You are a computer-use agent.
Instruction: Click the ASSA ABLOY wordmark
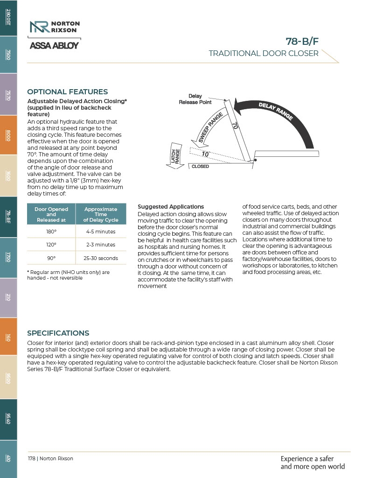54,46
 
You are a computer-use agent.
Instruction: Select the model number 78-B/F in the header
302,41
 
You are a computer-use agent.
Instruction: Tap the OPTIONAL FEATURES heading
67,92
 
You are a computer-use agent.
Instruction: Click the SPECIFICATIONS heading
58,333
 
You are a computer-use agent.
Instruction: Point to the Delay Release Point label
195,99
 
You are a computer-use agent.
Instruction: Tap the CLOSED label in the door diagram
200,167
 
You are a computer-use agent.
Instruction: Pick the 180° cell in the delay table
51,232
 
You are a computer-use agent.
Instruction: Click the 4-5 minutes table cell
101,232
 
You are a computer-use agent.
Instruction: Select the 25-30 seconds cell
101,258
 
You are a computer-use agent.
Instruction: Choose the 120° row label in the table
51,245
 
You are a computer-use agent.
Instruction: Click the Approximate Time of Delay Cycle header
101,214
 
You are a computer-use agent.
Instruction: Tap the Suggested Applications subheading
171,207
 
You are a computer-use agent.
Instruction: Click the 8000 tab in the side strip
8,135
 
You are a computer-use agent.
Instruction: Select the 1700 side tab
8,258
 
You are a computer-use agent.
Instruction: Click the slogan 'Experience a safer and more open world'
313,463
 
